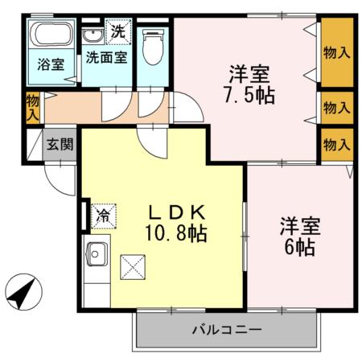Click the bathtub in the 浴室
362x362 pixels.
[x=51, y=34]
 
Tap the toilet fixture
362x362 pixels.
[x=153, y=47]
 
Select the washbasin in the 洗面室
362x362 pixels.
[x=93, y=36]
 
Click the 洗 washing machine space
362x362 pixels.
[x=118, y=32]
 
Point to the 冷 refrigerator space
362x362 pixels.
[x=104, y=216]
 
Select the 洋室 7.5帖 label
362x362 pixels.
[x=249, y=84]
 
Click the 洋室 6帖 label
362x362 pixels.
[x=300, y=237]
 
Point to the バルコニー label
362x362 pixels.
[x=227, y=330]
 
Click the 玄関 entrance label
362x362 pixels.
[x=60, y=145]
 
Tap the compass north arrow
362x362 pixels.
[x=23, y=292]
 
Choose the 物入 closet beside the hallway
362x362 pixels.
[x=33, y=108]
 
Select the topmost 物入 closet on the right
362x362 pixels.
[x=337, y=52]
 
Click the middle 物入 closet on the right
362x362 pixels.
[x=337, y=108]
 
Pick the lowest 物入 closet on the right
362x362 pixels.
[x=337, y=145]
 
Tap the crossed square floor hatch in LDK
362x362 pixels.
[x=133, y=267]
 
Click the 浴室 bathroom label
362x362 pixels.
[x=51, y=64]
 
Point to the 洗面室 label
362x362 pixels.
[x=106, y=57]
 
